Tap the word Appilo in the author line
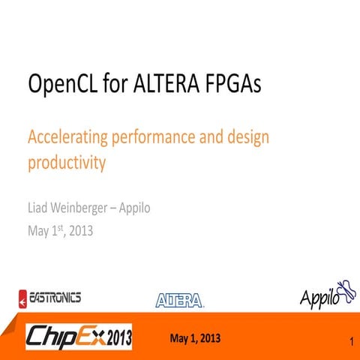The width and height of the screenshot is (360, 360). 133,208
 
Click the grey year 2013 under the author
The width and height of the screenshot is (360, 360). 80,231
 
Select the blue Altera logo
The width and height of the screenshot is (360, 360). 179,301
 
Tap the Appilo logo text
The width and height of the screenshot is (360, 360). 319,298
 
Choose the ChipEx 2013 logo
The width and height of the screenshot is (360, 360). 79,337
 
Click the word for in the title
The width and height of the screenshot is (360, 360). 113,84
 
